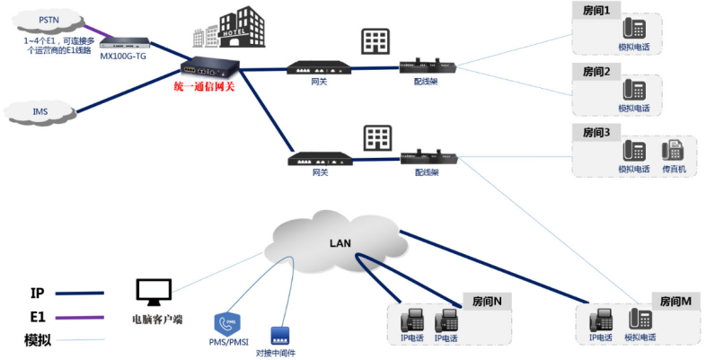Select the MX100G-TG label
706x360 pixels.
tap(122, 56)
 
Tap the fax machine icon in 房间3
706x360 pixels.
tap(673, 151)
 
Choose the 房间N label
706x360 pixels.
tap(487, 301)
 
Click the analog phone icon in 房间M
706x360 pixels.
tap(641, 319)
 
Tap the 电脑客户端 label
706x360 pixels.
tap(156, 319)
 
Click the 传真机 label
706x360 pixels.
tap(674, 169)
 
